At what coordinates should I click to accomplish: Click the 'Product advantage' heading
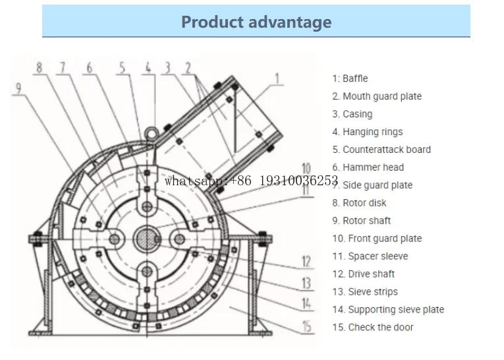(x=256, y=22)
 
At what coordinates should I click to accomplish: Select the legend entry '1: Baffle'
(x=350, y=78)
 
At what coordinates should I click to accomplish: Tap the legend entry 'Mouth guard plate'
(x=377, y=96)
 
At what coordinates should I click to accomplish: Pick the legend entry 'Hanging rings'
(x=367, y=132)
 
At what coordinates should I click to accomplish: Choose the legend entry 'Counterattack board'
(x=381, y=150)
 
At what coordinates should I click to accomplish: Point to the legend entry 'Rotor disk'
(x=359, y=203)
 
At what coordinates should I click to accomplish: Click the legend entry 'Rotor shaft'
(x=361, y=221)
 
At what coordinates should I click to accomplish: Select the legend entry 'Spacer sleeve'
(x=370, y=256)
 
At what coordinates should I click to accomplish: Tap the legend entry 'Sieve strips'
(x=365, y=292)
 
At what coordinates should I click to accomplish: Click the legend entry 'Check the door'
(x=373, y=328)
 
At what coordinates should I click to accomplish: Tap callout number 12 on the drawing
(x=306, y=262)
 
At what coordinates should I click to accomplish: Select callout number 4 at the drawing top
(x=148, y=67)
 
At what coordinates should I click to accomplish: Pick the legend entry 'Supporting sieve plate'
(x=388, y=310)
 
